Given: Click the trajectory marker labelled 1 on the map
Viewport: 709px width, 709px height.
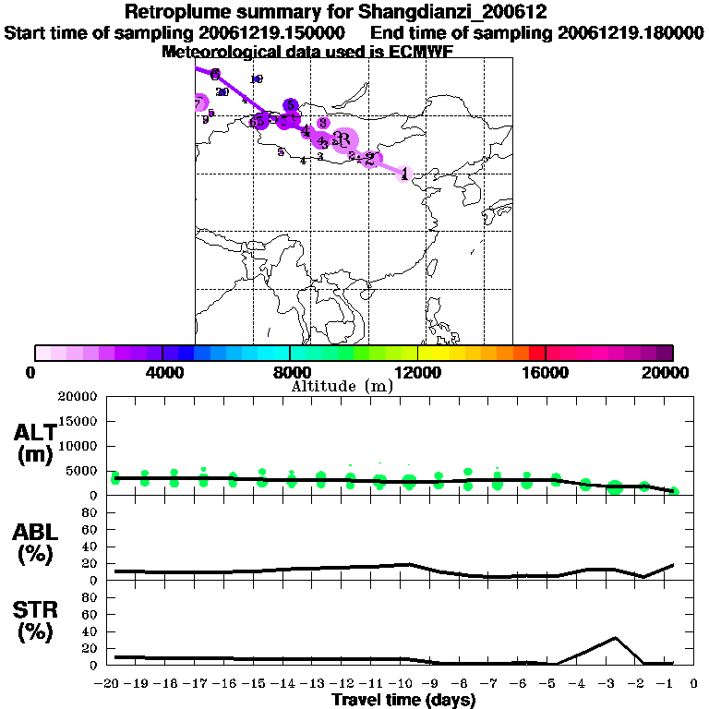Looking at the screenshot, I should tap(404, 173).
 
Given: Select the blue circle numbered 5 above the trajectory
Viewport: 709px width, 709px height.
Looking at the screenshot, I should tap(291, 106).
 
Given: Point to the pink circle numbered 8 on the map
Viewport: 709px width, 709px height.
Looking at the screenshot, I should tap(323, 123).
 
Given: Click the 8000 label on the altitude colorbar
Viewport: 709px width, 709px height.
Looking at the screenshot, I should tap(290, 373).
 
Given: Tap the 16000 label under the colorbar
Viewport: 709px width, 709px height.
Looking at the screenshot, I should tap(546, 373).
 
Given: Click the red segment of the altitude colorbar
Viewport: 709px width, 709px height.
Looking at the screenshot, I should tap(536, 353).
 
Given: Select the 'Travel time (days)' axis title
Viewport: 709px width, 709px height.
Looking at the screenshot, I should tap(404, 700).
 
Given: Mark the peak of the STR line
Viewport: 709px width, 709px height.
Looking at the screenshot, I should tap(615, 638).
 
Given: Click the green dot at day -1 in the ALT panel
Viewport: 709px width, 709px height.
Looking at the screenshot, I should tap(675, 491).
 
